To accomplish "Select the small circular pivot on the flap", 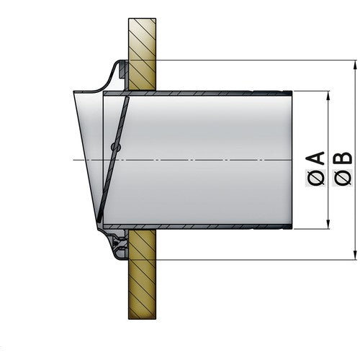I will (x=115, y=148).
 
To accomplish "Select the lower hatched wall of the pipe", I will (x=202, y=228).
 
